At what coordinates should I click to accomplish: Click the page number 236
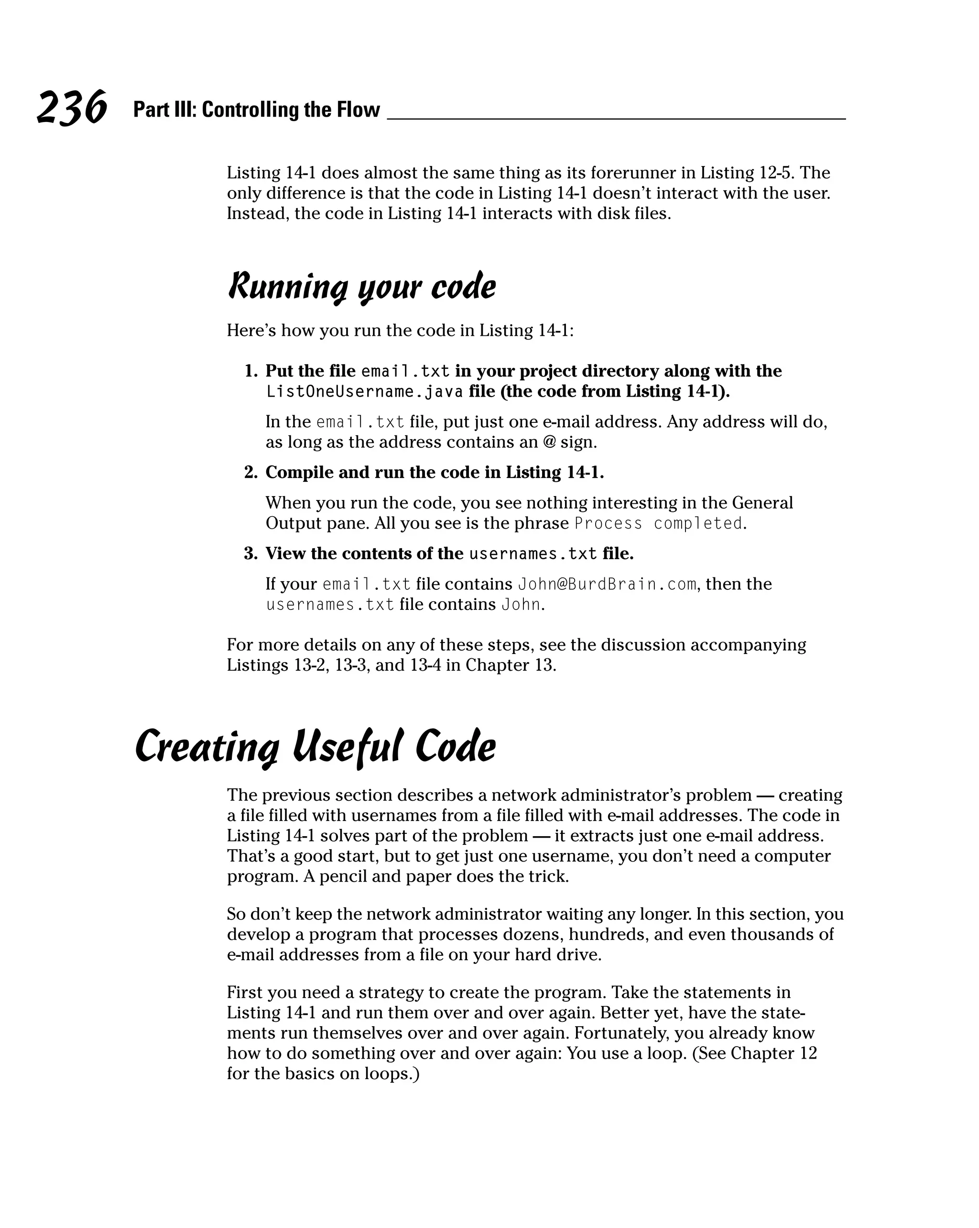(72, 108)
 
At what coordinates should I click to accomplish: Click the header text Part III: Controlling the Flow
(256, 110)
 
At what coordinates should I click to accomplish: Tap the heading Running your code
(361, 287)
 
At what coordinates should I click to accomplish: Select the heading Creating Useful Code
(315, 747)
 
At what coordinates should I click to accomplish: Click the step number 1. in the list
(251, 371)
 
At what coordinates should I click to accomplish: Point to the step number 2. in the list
(251, 473)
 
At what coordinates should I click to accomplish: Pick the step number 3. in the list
(251, 553)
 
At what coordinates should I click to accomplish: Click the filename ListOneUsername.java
(364, 392)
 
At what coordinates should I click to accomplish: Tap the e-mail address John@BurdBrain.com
(607, 585)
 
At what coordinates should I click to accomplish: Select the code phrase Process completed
(659, 523)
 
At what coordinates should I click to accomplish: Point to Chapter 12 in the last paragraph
(773, 1054)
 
